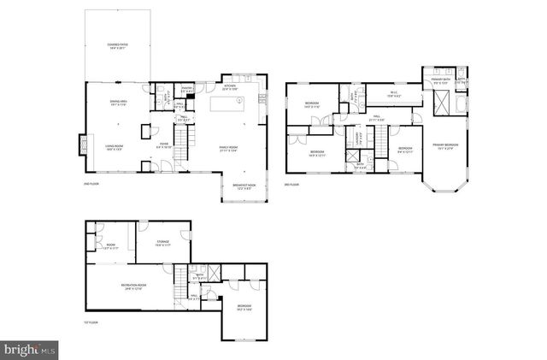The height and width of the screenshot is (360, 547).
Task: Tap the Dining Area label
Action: (118, 103)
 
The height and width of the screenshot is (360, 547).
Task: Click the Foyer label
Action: (164, 145)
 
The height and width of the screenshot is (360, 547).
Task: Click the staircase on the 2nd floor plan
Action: (182, 135)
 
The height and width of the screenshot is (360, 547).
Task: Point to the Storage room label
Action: (162, 243)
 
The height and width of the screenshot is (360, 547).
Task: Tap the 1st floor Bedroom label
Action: (244, 307)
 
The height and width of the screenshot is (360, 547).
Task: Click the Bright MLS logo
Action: (29, 348)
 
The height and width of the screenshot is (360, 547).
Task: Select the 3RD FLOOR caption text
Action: (292, 184)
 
